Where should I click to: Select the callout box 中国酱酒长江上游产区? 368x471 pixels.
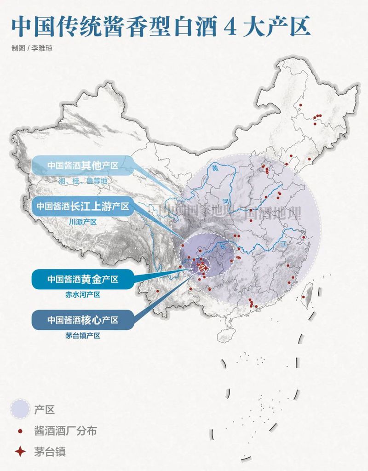[x=83, y=206]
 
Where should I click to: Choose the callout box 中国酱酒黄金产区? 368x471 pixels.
[x=83, y=279]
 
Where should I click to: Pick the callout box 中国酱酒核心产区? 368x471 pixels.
[x=83, y=319]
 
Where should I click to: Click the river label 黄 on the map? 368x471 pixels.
[x=215, y=168]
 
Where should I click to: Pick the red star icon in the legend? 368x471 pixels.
[x=20, y=452]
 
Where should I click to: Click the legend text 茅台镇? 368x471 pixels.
[x=50, y=452]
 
